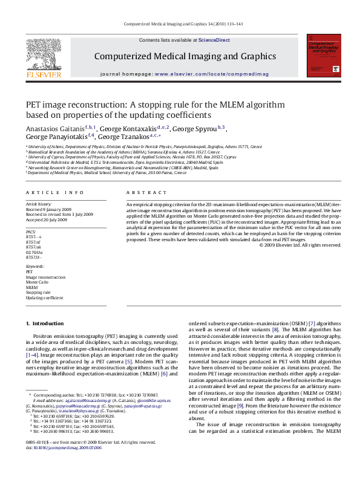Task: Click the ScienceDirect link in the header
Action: click(214, 40)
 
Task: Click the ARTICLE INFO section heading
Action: click(55, 192)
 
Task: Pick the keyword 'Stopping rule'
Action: click(38, 293)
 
